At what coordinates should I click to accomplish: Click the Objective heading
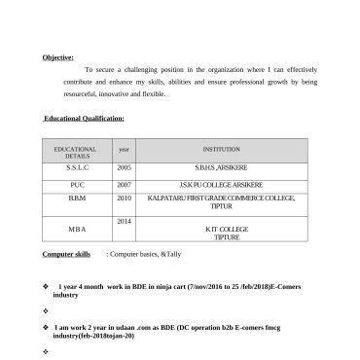click(58, 57)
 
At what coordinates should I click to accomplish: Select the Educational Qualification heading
click(84, 119)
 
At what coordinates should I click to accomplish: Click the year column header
click(124, 149)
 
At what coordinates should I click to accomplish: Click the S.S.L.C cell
click(77, 167)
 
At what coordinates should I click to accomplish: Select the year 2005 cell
click(124, 167)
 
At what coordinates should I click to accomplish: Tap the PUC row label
click(77, 183)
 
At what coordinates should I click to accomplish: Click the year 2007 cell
click(124, 183)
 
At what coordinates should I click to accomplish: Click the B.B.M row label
click(77, 198)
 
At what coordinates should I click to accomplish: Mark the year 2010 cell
click(124, 198)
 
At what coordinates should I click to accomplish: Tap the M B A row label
click(77, 229)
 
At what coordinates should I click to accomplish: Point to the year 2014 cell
click(124, 221)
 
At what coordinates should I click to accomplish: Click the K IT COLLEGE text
click(226, 229)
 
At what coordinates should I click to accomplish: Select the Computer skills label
click(66, 253)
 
